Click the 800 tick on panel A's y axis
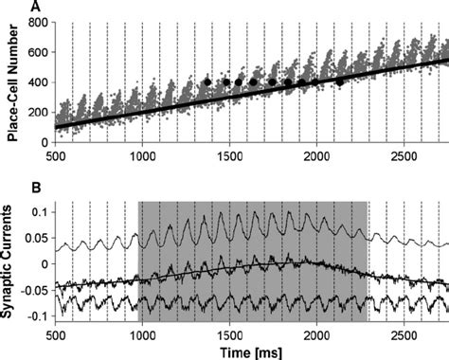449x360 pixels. pos(39,22)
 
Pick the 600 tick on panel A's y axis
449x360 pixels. pos(39,52)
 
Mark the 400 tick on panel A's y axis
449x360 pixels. pos(39,81)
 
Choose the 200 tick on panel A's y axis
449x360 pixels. pos(39,112)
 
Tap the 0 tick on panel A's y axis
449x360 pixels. pos(45,142)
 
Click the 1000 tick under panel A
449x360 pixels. pos(143,153)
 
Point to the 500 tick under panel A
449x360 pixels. pos(56,153)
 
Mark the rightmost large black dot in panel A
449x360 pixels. pos(340,82)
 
